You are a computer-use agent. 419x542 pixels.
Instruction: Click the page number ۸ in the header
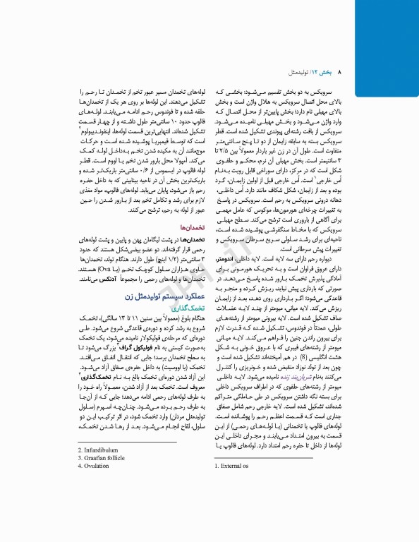(339, 73)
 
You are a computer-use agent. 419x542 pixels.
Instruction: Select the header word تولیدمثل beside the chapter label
(296, 73)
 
